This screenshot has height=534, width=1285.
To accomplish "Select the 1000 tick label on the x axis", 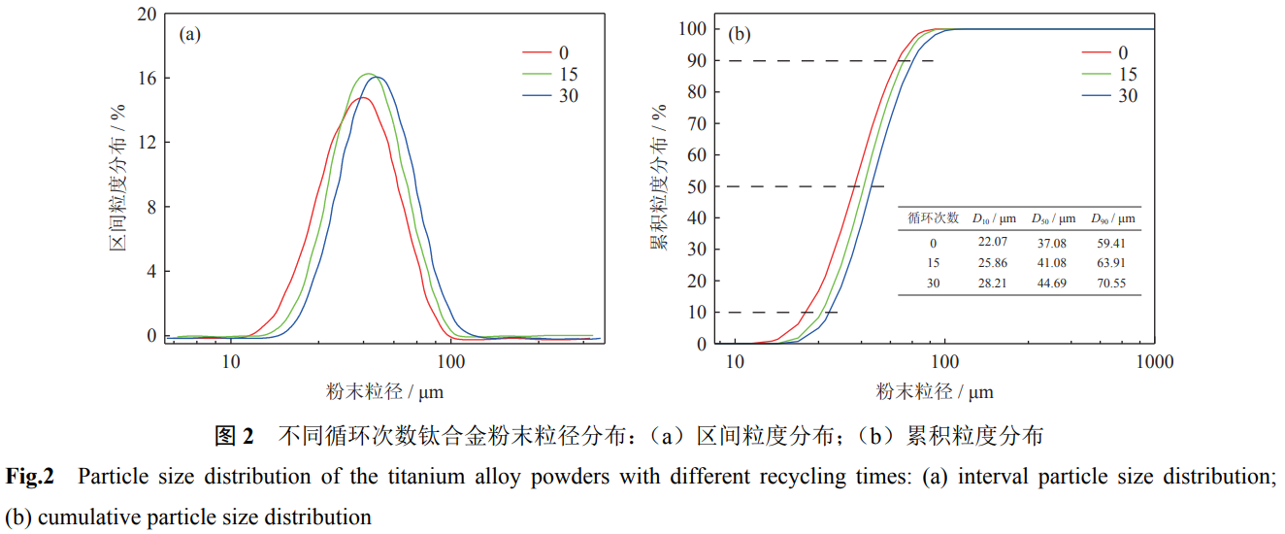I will (1154, 362).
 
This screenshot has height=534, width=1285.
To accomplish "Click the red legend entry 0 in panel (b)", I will (1122, 52).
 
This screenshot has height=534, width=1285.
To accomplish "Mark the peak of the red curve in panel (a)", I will (361, 97).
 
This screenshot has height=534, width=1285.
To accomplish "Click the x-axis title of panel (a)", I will (385, 391).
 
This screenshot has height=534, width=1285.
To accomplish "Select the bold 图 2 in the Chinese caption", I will (234, 436).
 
